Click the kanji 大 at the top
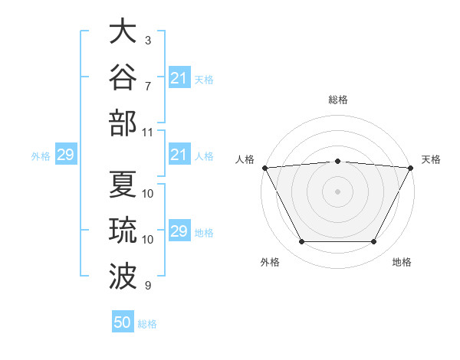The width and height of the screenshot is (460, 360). [x=123, y=31]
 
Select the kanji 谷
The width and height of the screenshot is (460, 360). [x=123, y=77]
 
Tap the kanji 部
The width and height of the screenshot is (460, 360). [x=123, y=123]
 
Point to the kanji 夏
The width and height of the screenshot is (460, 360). [x=123, y=184]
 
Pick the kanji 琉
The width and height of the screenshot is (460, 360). [x=123, y=230]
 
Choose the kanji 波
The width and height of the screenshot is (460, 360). [x=123, y=277]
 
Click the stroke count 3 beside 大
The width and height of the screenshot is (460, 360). [x=148, y=41]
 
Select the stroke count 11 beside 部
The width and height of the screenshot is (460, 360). [x=147, y=133]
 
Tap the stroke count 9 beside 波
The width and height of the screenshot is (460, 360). [x=148, y=286]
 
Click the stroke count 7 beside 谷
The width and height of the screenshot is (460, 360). [x=148, y=87]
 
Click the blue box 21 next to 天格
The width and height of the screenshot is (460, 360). [x=179, y=77]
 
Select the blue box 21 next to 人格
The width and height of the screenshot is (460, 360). [x=179, y=154]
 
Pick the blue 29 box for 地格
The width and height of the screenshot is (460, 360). [x=179, y=230]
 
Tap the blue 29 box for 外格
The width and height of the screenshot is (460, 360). [x=66, y=154]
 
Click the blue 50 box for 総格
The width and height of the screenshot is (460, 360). [x=123, y=321]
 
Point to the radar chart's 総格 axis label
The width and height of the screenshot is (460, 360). [x=338, y=100]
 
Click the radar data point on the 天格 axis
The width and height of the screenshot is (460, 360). [x=411, y=168]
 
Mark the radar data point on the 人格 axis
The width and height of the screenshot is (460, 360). [x=265, y=168]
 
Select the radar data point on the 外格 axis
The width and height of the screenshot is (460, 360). [x=301, y=241]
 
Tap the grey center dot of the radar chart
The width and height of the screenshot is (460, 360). [x=337, y=191]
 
